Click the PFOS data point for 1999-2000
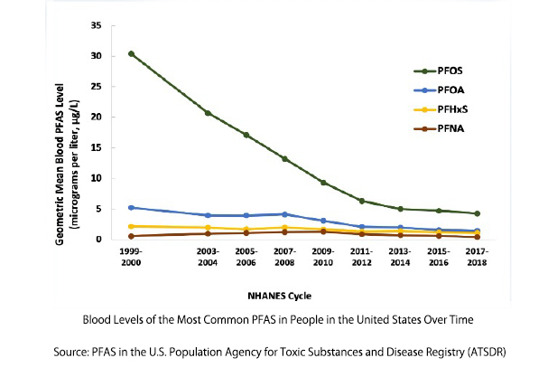click(x=132, y=53)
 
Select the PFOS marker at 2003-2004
click(x=208, y=113)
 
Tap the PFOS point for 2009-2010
click(x=323, y=183)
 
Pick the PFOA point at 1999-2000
click(x=132, y=208)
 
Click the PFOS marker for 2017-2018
click(x=477, y=213)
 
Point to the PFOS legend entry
click(x=434, y=70)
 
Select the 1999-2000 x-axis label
click(x=132, y=255)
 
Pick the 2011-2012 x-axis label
click(x=362, y=255)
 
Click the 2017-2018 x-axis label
click(x=477, y=255)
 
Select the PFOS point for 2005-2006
click(x=246, y=135)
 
